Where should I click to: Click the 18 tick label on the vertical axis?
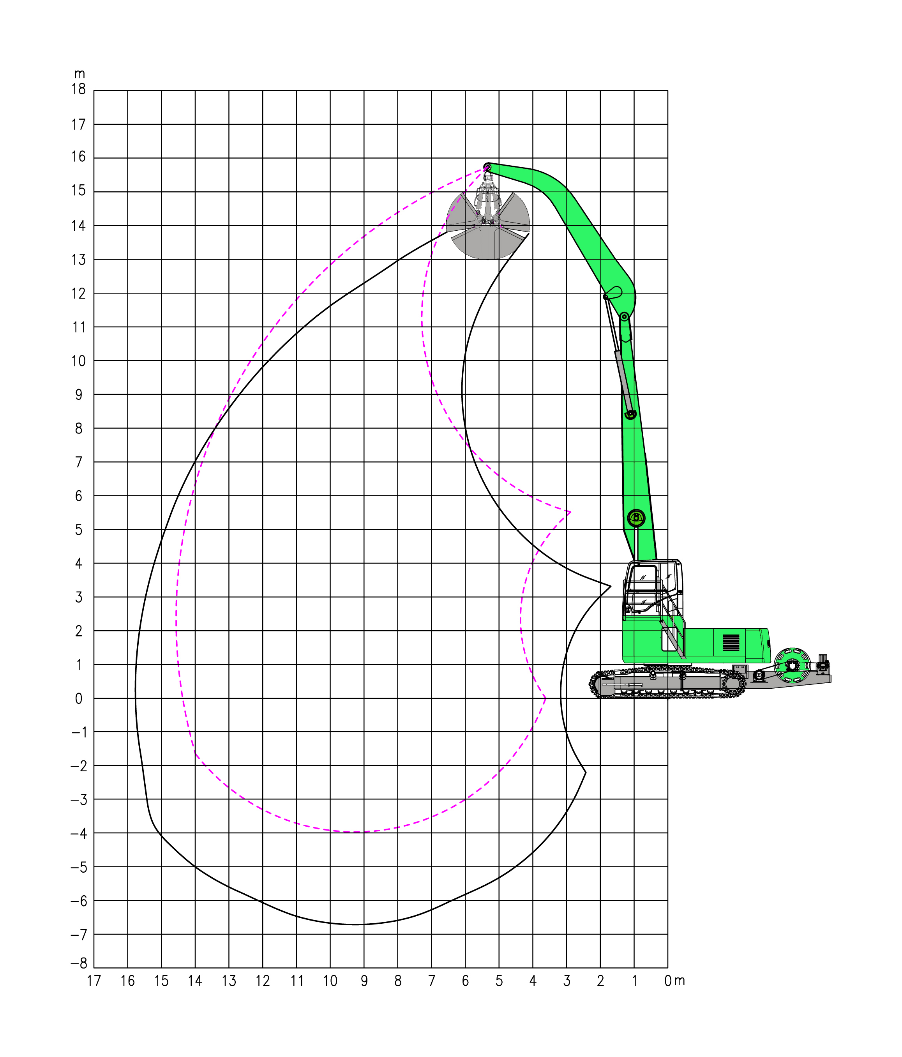point(79,89)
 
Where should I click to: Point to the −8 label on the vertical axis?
point(79,963)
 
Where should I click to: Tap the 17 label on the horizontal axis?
point(94,981)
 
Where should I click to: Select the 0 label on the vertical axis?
point(79,699)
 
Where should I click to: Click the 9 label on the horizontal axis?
point(364,981)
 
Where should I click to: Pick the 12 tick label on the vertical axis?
point(79,294)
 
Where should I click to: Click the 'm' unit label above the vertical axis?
point(79,74)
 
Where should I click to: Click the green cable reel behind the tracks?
point(792,665)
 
